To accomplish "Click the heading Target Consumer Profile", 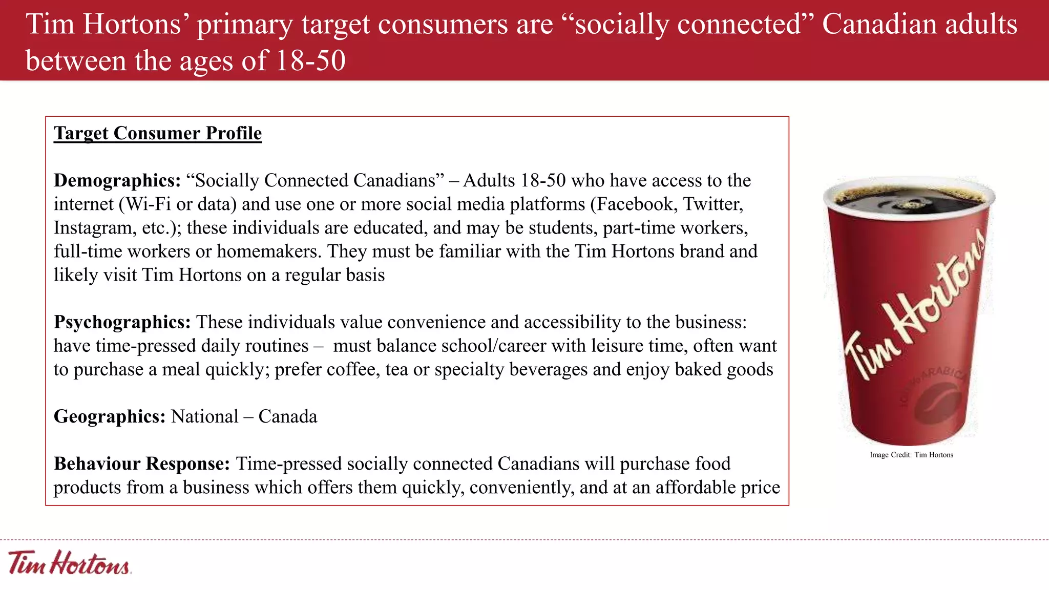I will click(x=158, y=133).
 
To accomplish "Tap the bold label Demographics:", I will click(x=117, y=180).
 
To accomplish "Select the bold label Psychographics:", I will click(x=122, y=322).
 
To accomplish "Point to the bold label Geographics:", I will click(x=110, y=416).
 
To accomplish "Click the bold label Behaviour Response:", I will click(x=142, y=463).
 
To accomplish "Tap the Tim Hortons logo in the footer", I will click(x=70, y=563).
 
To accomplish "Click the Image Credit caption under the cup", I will click(x=911, y=455).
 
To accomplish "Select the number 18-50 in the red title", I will click(x=310, y=61).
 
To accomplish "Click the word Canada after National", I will click(x=288, y=416).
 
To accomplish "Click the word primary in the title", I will click(x=245, y=24).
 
